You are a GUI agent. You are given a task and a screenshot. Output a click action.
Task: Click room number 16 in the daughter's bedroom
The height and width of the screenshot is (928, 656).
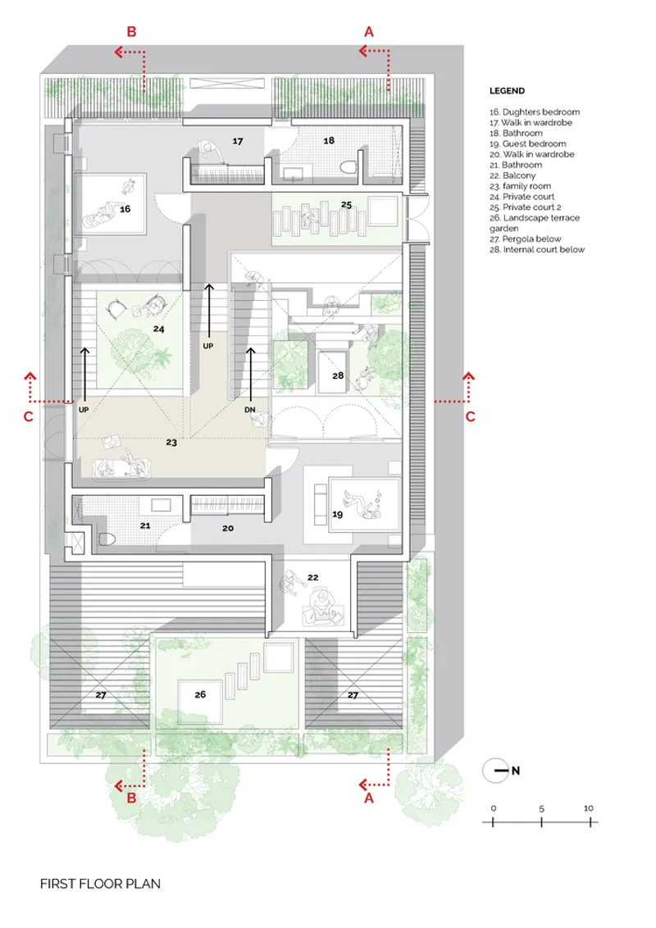click(125, 209)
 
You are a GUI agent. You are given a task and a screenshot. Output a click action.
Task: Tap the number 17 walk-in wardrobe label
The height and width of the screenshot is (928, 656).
click(238, 141)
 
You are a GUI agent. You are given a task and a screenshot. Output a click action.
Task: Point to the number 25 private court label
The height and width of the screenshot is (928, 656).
click(346, 205)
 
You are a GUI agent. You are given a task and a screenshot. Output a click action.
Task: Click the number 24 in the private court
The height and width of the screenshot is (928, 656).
click(159, 329)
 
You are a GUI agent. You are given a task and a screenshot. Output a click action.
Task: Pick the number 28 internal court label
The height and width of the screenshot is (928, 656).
click(338, 375)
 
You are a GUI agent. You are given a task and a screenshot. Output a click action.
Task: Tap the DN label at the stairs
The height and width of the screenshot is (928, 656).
click(249, 410)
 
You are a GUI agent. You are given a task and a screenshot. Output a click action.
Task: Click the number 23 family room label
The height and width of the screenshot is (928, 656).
click(171, 442)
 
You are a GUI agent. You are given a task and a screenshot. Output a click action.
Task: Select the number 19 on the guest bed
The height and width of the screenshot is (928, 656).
click(338, 514)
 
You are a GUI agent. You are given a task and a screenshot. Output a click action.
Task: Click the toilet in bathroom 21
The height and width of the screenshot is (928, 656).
click(107, 539)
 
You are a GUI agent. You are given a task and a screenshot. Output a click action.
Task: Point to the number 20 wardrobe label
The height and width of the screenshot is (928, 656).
click(228, 528)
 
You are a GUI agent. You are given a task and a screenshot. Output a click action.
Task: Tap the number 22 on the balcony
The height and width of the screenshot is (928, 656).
click(313, 577)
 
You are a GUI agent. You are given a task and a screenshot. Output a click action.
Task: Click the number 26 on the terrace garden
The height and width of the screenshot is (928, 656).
click(200, 694)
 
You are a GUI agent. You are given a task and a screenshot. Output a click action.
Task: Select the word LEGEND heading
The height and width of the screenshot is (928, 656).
click(507, 90)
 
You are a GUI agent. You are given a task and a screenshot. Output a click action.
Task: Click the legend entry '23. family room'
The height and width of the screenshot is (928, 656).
click(520, 186)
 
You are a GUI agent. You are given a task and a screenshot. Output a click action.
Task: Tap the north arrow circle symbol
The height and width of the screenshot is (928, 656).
click(495, 771)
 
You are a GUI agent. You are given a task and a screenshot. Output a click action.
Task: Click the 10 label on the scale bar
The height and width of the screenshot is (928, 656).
click(588, 807)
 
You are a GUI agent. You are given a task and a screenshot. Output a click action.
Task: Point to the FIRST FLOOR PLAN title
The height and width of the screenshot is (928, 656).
click(100, 884)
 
